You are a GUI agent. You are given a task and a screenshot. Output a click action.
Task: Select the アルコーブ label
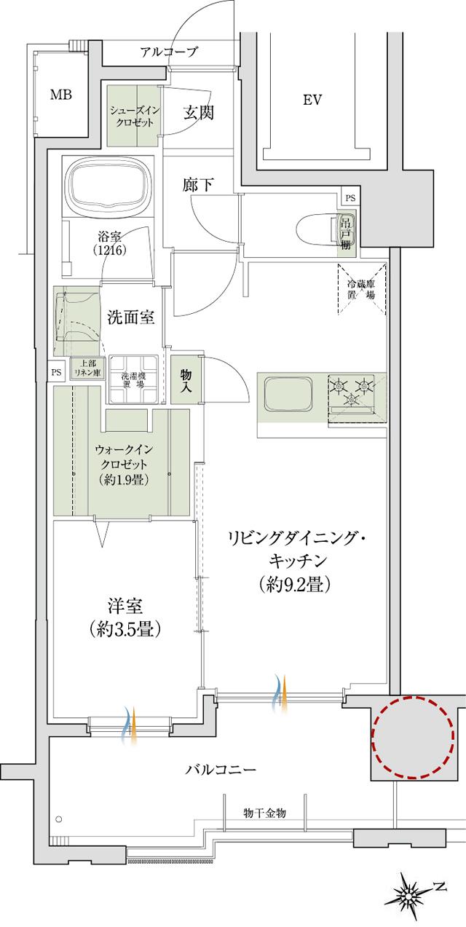click(169, 52)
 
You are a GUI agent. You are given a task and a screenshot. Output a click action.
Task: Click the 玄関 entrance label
click(197, 113)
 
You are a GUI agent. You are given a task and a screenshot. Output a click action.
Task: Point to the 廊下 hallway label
click(197, 185)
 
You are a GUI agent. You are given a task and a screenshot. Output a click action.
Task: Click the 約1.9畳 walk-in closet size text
click(123, 479)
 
